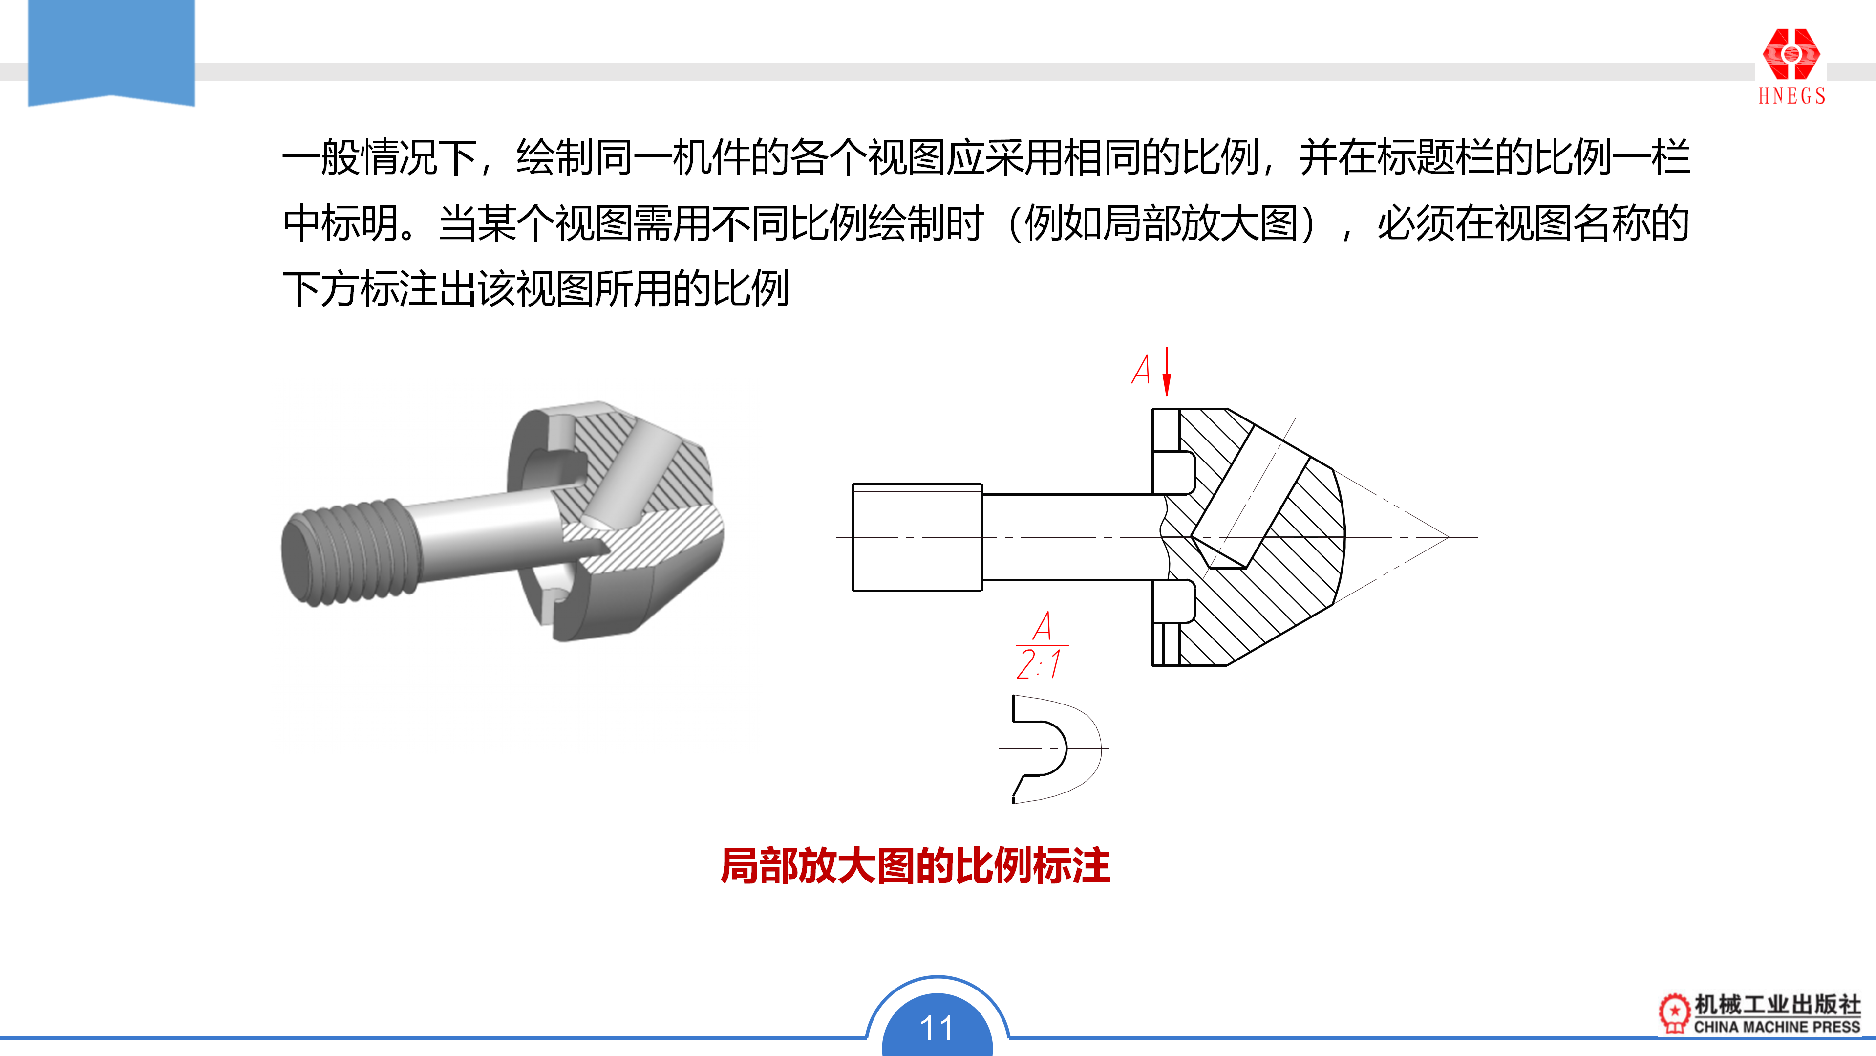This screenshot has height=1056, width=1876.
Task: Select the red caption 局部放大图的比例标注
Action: point(916,866)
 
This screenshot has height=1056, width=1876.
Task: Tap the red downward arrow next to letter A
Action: point(1167,372)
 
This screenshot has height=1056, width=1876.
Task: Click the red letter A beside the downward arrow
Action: point(1141,370)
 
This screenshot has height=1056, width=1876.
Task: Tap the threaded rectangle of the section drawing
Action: point(917,537)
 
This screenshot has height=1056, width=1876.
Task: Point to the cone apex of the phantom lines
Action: point(1449,537)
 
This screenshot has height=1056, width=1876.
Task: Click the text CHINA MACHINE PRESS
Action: point(1777,1027)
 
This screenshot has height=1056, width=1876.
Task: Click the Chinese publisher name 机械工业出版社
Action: point(1777,1004)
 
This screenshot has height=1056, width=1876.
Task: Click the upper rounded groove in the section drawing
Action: point(1174,473)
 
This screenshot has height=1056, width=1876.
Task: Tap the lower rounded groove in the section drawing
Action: point(1174,601)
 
